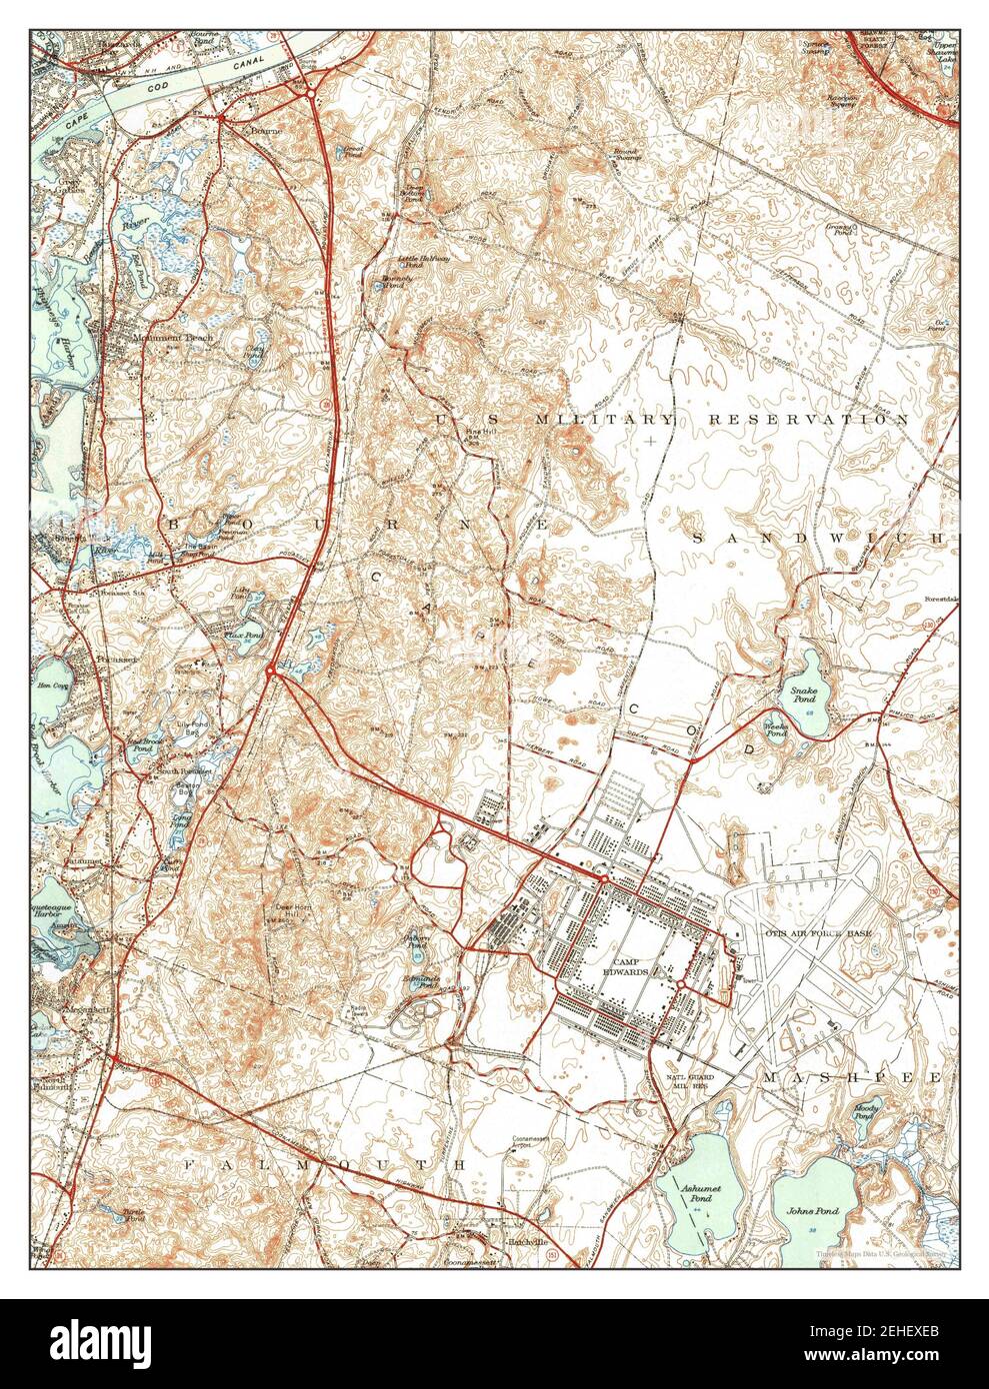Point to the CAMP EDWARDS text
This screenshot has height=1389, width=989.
click(625, 966)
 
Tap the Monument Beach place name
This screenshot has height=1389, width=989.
click(171, 339)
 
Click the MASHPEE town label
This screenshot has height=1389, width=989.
click(850, 1079)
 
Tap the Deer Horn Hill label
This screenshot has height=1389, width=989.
click(301, 911)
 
